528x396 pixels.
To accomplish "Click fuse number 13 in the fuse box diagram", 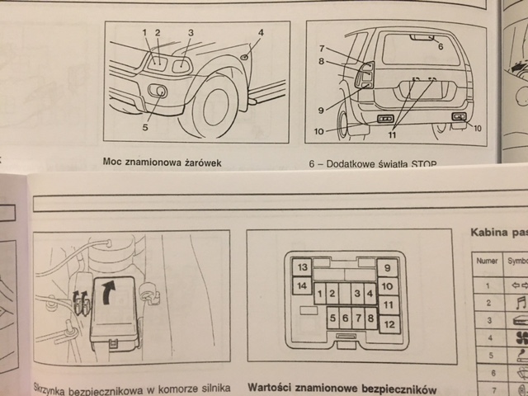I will [302, 267].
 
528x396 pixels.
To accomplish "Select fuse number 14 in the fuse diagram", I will [302, 286].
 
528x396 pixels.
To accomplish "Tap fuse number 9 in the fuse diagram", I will [388, 267].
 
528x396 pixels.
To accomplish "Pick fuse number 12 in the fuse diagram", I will [388, 324].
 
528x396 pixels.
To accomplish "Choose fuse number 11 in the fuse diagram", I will [388, 305].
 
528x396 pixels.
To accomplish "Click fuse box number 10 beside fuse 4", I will [388, 286].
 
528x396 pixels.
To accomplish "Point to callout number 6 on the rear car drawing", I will [440, 47].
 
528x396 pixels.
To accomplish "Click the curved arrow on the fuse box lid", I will [109, 290].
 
